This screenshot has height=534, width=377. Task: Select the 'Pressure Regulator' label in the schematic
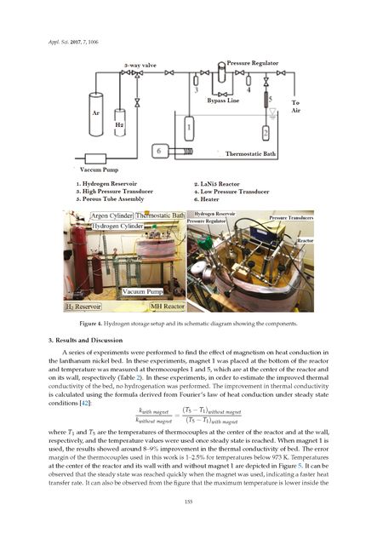252,65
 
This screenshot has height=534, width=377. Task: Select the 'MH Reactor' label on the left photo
156,305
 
